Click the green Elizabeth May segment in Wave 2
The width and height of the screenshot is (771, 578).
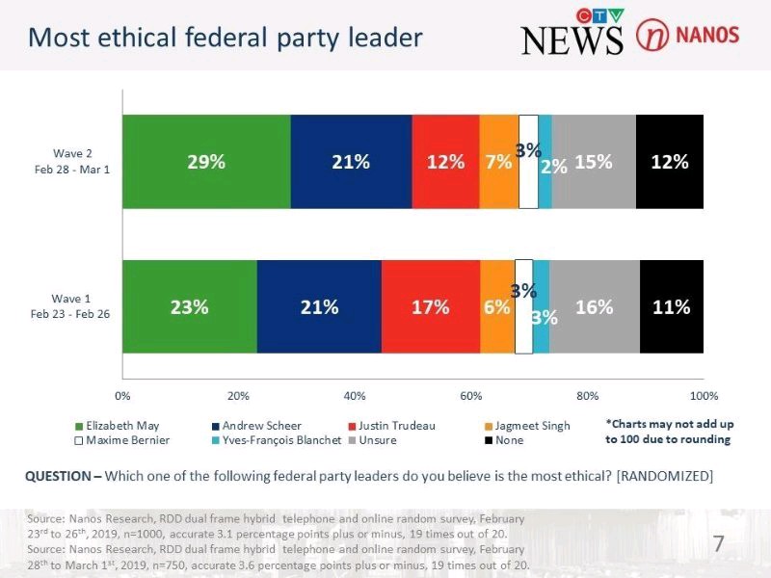click(x=206, y=162)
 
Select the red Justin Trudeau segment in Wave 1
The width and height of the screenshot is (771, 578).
click(x=430, y=307)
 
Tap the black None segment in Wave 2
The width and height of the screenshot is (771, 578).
click(x=670, y=162)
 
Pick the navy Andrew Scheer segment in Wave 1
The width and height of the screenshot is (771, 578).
click(x=319, y=307)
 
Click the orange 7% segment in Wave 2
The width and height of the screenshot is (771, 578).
click(x=499, y=162)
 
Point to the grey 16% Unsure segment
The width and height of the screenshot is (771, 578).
click(x=594, y=307)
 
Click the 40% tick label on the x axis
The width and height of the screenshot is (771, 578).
click(x=355, y=395)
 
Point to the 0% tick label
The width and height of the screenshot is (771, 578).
click(x=122, y=395)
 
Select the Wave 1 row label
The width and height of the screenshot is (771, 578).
click(x=74, y=306)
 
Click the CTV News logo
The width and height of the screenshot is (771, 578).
click(x=572, y=34)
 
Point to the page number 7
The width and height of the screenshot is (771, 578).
click(x=718, y=545)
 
